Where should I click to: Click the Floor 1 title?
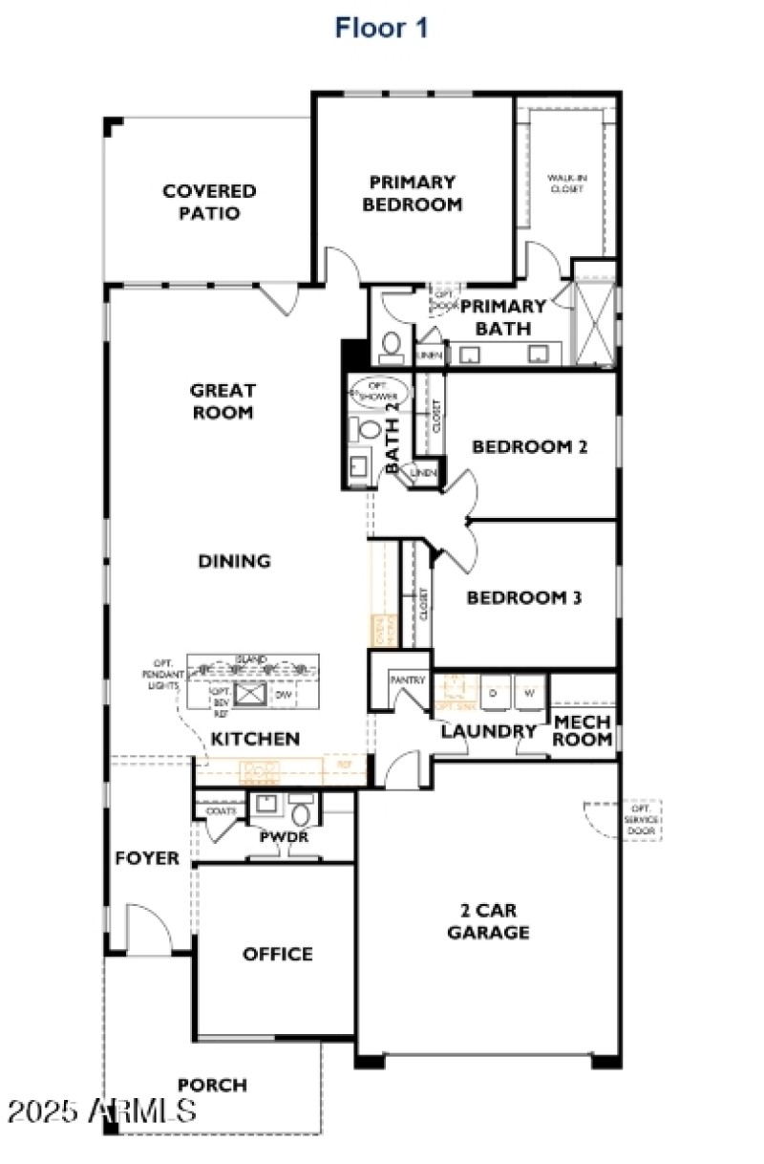click(x=381, y=28)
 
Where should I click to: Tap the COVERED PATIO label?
click(x=209, y=202)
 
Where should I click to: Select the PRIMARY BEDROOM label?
click(x=413, y=192)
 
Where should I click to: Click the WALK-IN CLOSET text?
click(x=565, y=183)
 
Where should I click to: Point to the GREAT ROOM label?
click(x=223, y=401)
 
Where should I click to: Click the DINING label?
click(x=234, y=561)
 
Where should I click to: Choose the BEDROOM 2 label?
click(x=529, y=446)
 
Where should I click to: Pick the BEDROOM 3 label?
click(x=524, y=598)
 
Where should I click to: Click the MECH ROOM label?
click(x=583, y=730)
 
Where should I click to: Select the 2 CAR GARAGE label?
click(x=488, y=921)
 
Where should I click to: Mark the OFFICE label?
click(x=277, y=954)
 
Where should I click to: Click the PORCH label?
click(x=212, y=1085)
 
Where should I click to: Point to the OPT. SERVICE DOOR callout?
click(x=638, y=820)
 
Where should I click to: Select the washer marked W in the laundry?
click(x=530, y=694)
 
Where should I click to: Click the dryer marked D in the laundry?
click(x=494, y=694)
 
